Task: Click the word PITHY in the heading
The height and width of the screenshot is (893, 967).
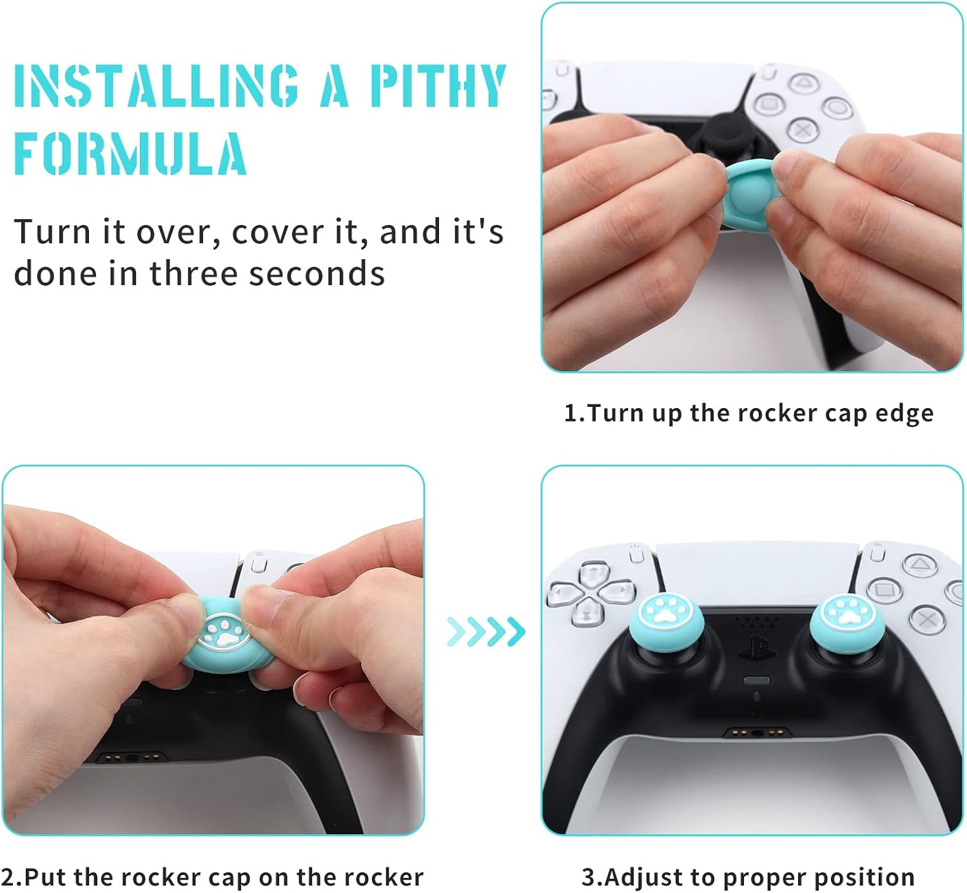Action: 438,86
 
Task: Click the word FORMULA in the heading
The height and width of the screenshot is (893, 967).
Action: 130,154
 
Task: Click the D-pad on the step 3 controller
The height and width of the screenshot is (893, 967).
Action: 591,593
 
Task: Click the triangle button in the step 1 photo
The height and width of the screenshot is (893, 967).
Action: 803,83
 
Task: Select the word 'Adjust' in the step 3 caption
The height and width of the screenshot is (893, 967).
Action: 634,878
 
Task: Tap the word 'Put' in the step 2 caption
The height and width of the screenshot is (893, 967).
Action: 45,878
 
